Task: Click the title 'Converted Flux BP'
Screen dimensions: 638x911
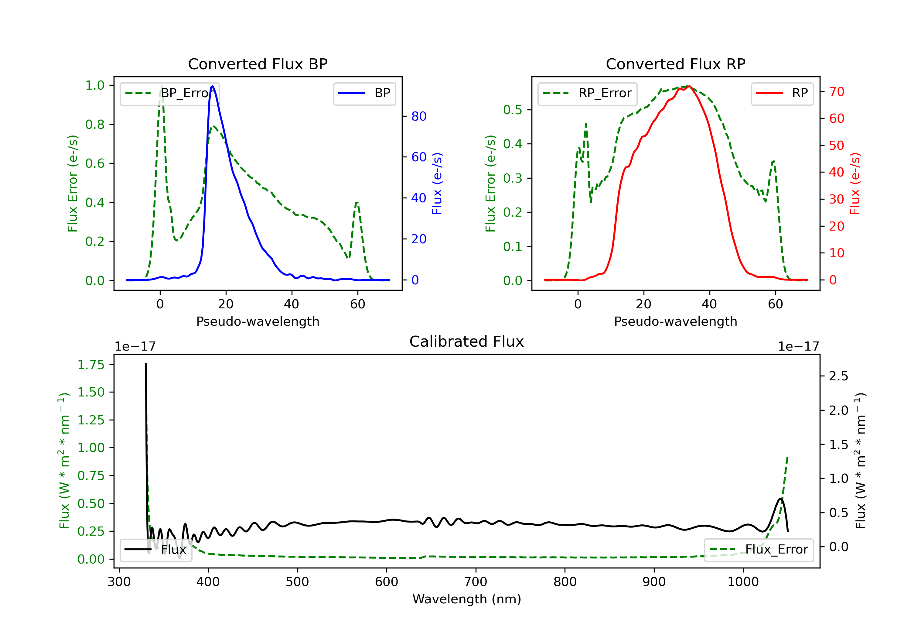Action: (x=258, y=64)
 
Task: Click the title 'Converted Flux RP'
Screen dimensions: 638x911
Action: (x=675, y=64)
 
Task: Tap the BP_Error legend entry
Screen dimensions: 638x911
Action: (x=169, y=93)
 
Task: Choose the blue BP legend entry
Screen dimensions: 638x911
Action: (x=364, y=93)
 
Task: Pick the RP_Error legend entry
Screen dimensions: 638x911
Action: (x=587, y=93)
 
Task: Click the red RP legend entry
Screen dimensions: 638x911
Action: (x=782, y=93)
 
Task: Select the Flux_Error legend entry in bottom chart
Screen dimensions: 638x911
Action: (x=759, y=550)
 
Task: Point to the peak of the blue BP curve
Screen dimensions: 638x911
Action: (x=212, y=86)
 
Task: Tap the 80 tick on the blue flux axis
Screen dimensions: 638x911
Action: (x=418, y=116)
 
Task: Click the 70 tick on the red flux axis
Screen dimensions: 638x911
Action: (x=836, y=92)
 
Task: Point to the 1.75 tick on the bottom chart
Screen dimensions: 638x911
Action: (x=90, y=365)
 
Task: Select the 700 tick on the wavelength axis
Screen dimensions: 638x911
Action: (x=475, y=582)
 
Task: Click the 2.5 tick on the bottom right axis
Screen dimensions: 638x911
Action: (x=838, y=376)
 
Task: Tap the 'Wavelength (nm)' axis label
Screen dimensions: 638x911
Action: (x=467, y=599)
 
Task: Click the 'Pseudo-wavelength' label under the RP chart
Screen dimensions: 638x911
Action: (x=675, y=321)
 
